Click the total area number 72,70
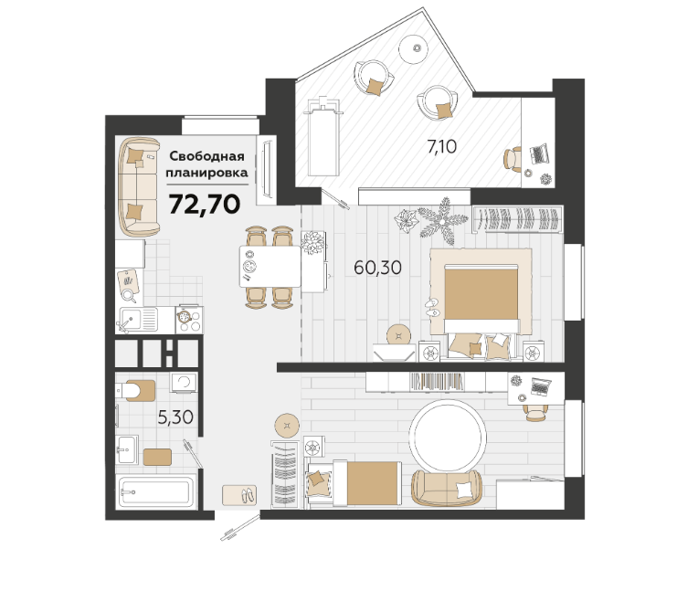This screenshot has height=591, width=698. point(205,205)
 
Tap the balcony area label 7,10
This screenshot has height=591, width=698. point(441,146)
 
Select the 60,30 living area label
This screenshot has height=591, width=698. point(377,268)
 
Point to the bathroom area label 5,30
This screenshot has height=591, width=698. point(175,417)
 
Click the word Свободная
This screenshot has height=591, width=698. point(207,156)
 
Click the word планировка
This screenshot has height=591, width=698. point(207,173)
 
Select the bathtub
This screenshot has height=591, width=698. point(156,491)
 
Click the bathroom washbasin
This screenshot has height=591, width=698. point(127,449)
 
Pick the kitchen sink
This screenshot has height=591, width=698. point(137,320)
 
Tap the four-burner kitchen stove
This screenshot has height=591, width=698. point(189,320)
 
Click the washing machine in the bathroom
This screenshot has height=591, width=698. point(184,383)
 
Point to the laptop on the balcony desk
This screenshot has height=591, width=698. point(540,154)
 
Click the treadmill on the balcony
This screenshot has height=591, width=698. point(324,137)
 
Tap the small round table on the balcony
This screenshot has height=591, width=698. point(413,48)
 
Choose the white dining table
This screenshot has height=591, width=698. point(270,266)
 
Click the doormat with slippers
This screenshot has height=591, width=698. point(239,495)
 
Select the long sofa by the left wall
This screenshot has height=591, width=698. point(139,187)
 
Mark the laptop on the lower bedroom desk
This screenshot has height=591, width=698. point(541,386)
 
